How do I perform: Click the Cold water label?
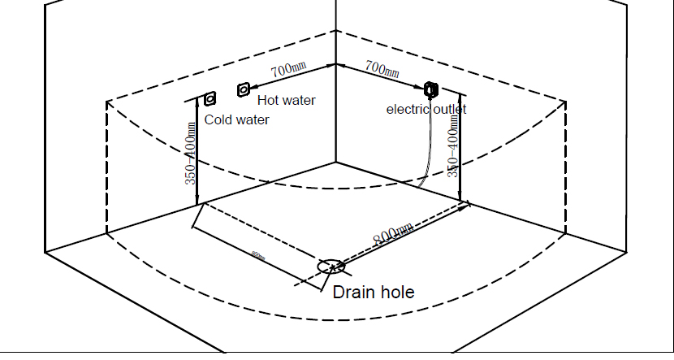[x=236, y=119]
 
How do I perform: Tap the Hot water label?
[x=286, y=100]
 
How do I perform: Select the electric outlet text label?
[x=426, y=108]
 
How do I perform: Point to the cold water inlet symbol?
[x=210, y=98]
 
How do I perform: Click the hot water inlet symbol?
[x=243, y=89]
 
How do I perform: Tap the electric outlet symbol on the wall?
[x=431, y=88]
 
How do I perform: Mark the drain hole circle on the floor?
[x=331, y=266]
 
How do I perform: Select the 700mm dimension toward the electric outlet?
[x=382, y=68]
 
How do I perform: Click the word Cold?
[x=218, y=119]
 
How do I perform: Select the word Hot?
[x=269, y=100]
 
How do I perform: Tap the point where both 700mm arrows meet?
[x=335, y=63]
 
